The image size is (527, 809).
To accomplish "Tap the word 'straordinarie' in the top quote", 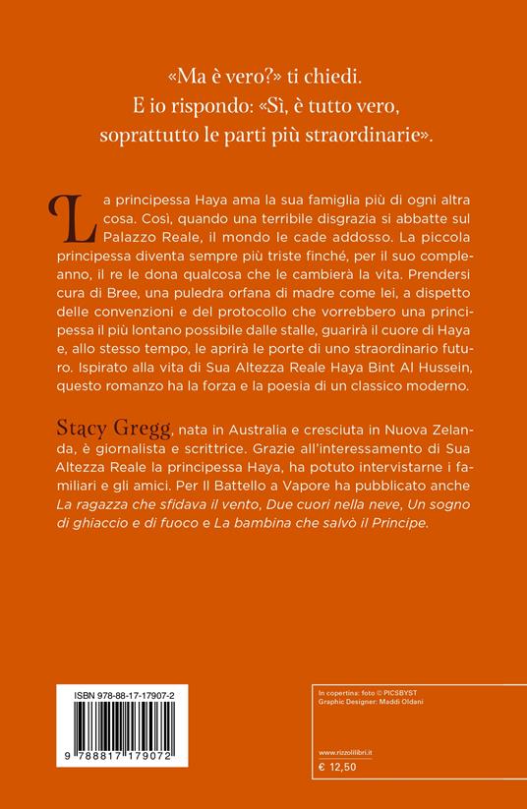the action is (375, 135).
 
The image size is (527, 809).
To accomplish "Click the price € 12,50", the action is (335, 763).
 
